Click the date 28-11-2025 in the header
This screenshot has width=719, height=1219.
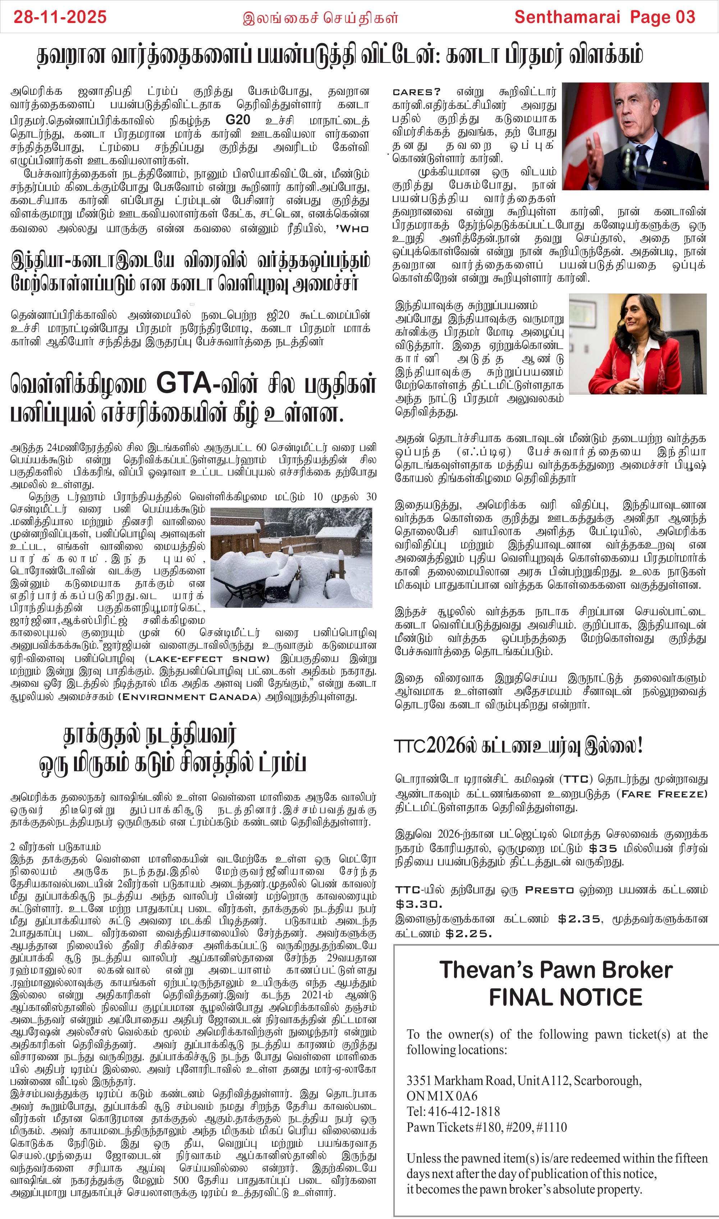click(60, 18)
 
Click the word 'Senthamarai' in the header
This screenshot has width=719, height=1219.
click(567, 18)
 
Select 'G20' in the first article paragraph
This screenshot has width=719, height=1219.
click(238, 120)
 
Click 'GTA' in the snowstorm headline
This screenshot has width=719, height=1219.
click(183, 383)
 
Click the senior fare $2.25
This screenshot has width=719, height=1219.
click(468, 934)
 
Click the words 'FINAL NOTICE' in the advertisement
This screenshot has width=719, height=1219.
click(565, 998)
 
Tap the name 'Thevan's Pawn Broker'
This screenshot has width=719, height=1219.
click(556, 970)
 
